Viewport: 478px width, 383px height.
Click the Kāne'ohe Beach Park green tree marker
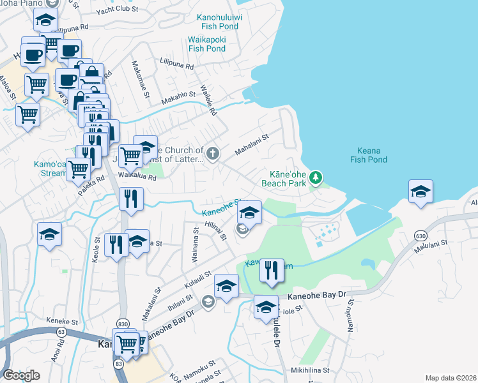tap(314, 177)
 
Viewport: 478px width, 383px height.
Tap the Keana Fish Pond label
tap(368, 156)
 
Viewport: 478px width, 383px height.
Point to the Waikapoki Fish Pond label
tap(206, 44)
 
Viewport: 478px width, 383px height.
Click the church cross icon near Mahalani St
tap(213, 153)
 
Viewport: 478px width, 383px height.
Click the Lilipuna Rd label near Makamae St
tap(177, 65)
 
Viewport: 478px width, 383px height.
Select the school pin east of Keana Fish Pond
tap(420, 192)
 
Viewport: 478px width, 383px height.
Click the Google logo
tap(21, 375)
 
